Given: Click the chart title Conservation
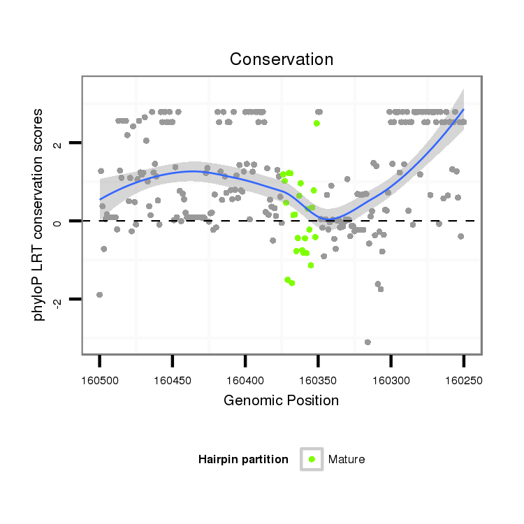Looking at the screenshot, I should coord(282,60).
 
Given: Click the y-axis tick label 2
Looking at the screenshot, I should coord(58,145).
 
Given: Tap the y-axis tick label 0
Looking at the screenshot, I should coord(58,221).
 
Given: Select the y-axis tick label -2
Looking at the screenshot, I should coord(58,300).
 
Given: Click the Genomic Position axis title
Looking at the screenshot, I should coord(281,401).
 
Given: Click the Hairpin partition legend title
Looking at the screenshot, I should coord(243,459).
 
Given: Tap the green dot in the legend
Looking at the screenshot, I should coord(312,459).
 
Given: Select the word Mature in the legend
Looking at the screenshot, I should coord(346,459).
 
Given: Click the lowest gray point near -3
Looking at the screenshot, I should coord(367,342).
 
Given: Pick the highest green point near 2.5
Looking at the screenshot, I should coord(316,123).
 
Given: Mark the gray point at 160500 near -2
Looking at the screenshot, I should coord(99,295).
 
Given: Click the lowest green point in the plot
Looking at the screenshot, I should coord(291,283).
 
